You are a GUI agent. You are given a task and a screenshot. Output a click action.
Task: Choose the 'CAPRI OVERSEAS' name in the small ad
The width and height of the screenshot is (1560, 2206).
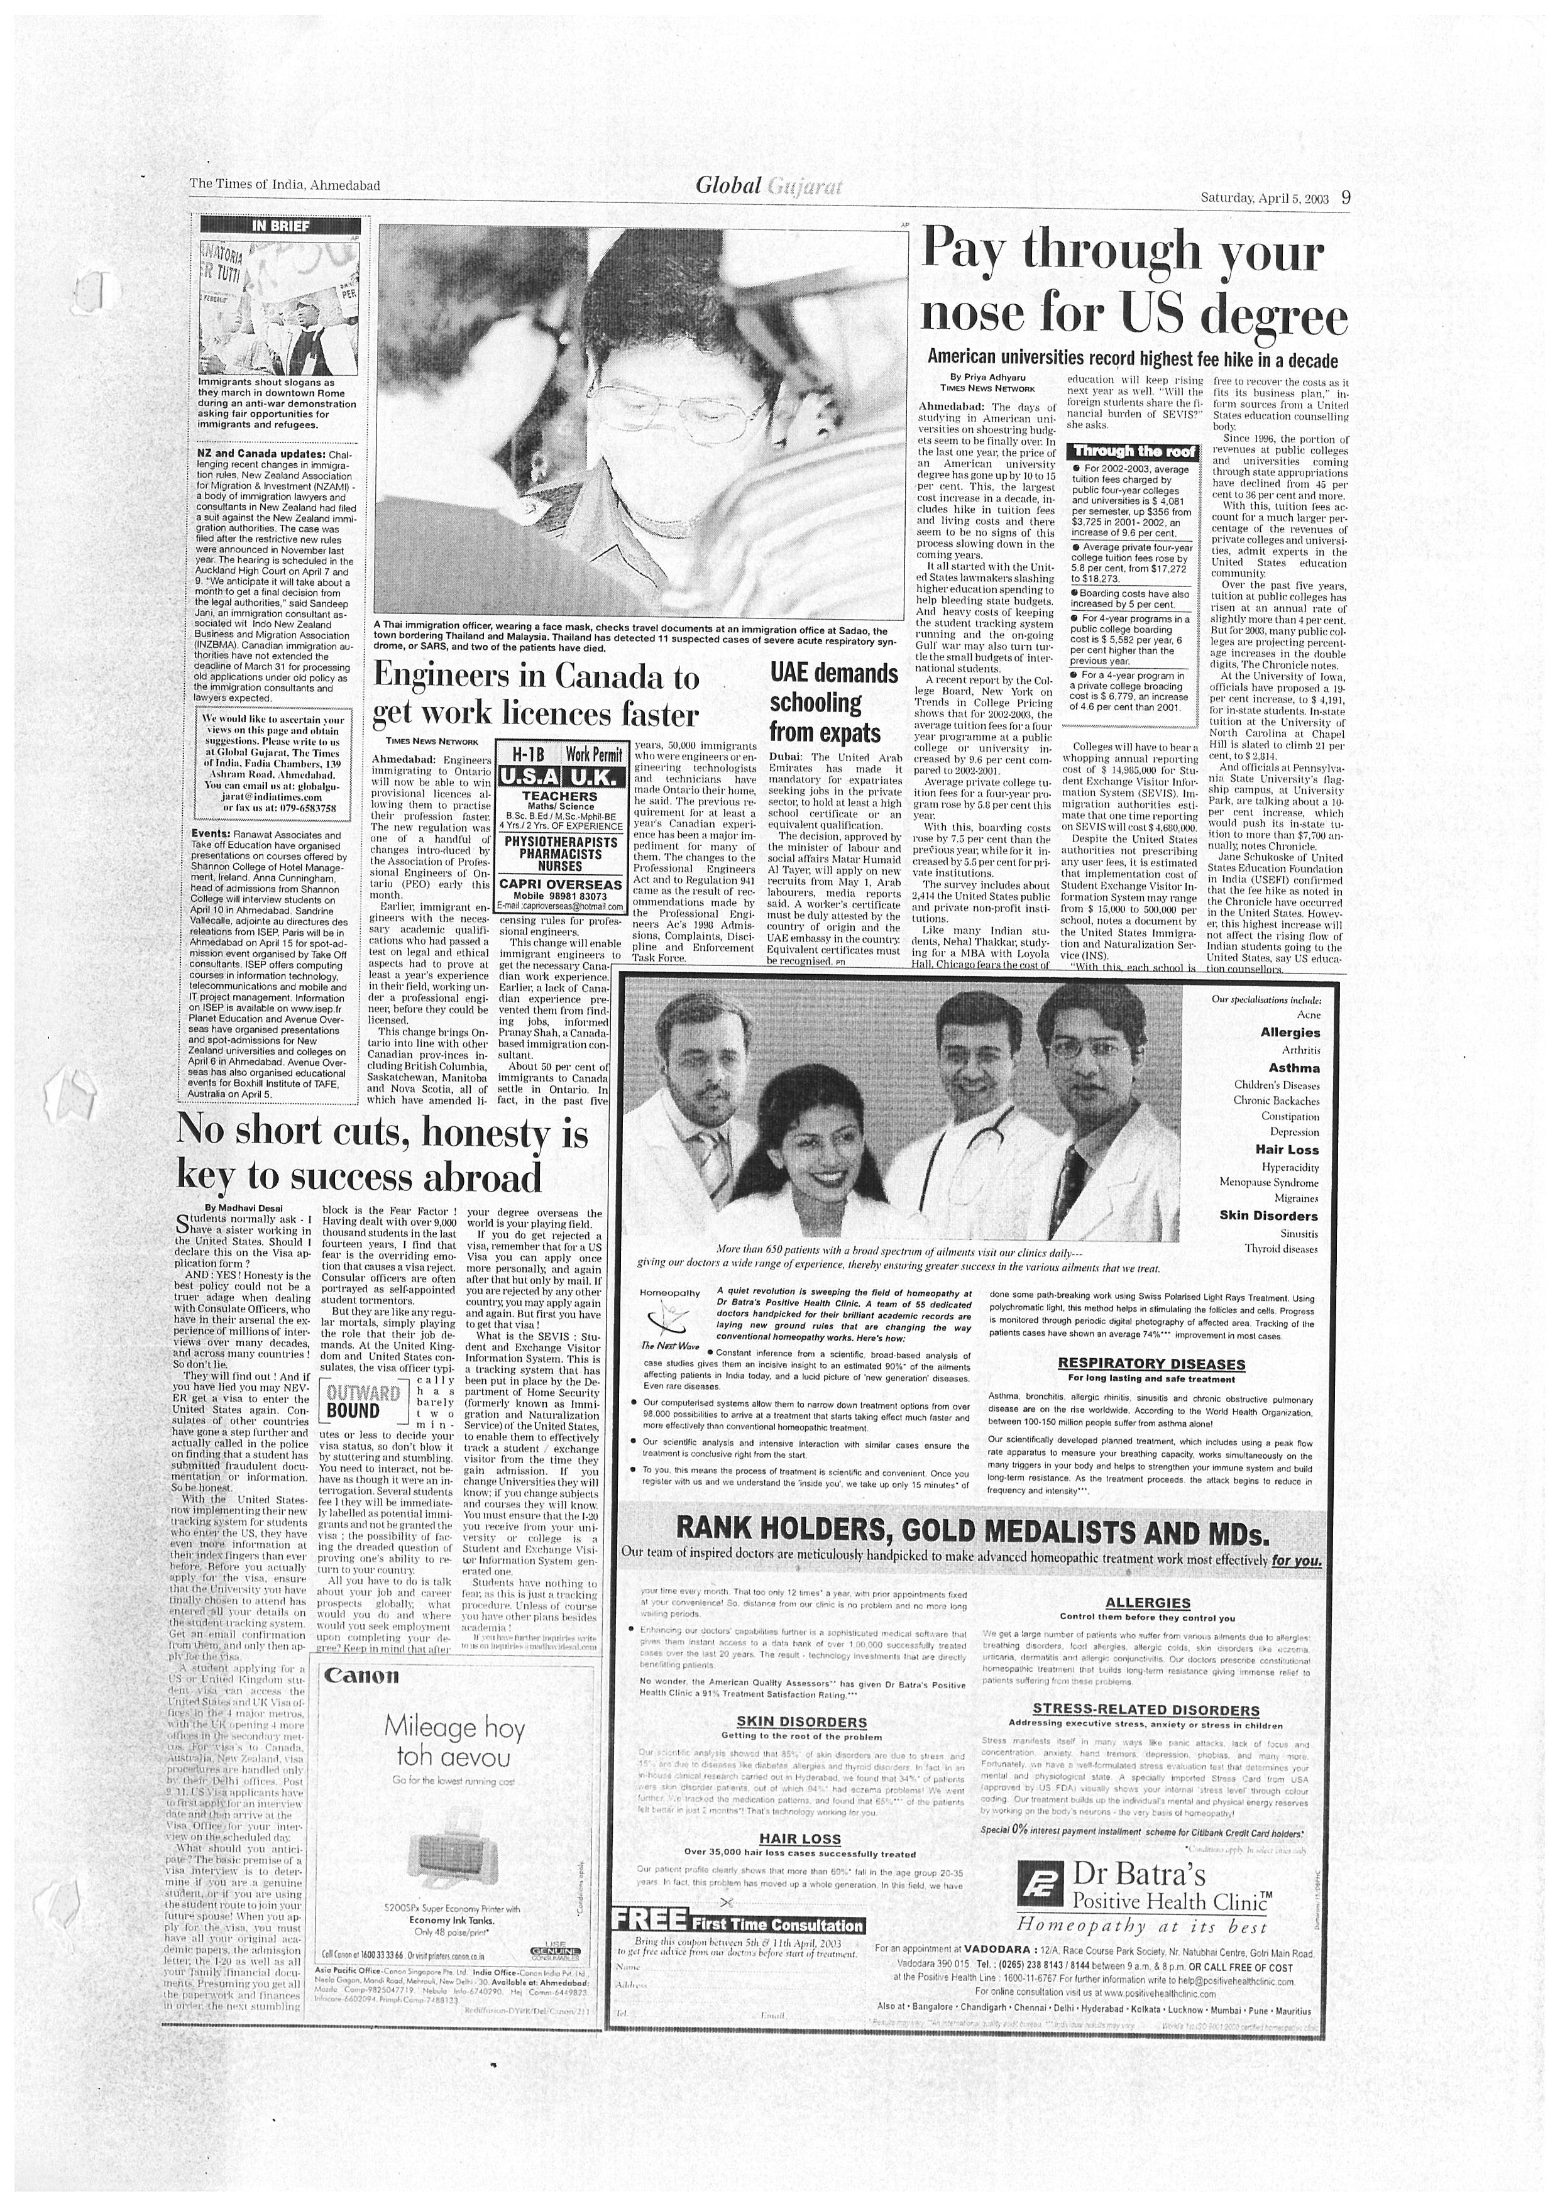point(561,884)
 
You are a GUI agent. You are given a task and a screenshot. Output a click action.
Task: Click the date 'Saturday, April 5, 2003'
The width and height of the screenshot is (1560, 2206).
point(1264,199)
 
